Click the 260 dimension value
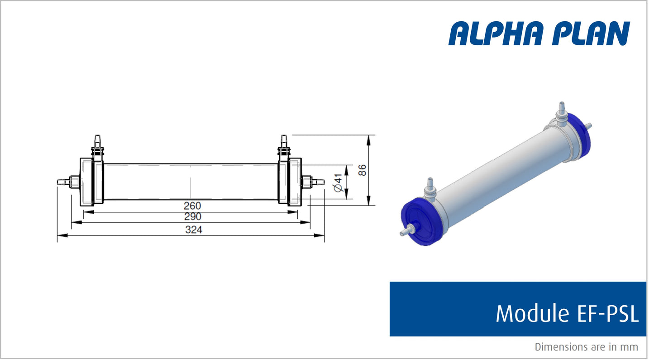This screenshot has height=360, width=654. click(x=192, y=206)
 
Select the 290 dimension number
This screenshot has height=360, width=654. click(x=192, y=217)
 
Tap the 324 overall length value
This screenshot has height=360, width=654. click(x=193, y=230)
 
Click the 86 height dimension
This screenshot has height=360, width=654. click(x=361, y=170)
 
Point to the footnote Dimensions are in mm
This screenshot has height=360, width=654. click(x=586, y=347)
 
